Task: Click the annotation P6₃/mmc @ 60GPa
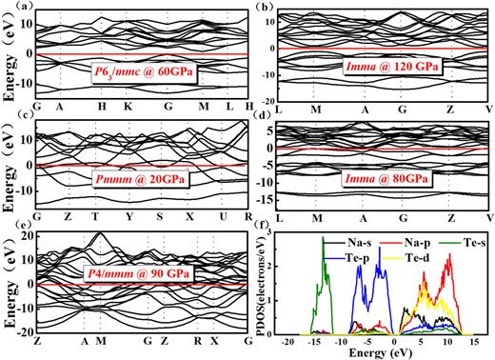click(142, 74)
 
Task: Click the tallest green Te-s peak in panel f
click(322, 238)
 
